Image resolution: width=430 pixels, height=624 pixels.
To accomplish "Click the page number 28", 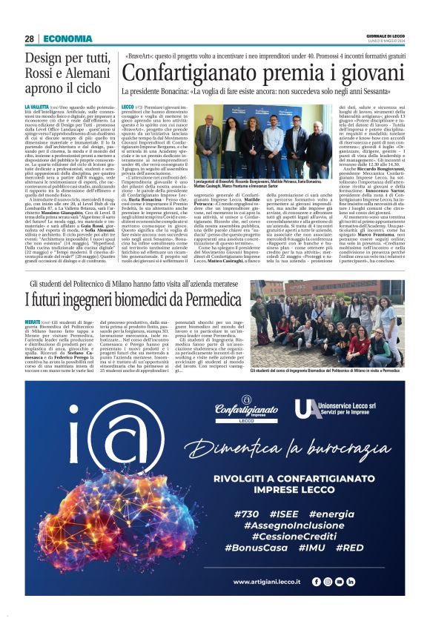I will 30,39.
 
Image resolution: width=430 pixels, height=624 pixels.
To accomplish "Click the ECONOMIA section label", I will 67,39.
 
